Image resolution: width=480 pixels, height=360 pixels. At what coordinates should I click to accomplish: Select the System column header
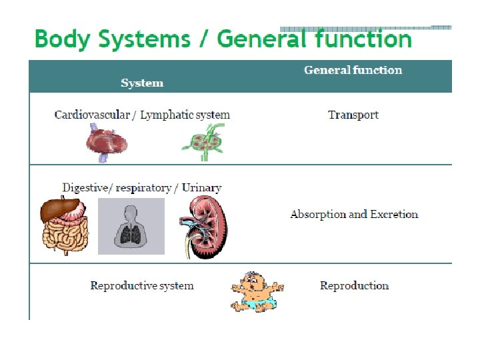click(x=142, y=83)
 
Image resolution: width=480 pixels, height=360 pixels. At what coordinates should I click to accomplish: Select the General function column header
click(x=353, y=70)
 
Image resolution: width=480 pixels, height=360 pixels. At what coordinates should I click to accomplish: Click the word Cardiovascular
click(x=92, y=115)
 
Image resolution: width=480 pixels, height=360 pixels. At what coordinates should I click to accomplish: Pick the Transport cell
click(x=353, y=115)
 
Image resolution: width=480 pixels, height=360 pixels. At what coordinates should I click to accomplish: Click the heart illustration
click(x=107, y=142)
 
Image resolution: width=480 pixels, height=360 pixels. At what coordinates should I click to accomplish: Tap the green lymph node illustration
click(x=205, y=143)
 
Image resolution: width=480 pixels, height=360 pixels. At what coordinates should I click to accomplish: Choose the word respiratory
click(x=143, y=187)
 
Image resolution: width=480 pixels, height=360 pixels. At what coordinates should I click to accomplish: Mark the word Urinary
click(x=201, y=187)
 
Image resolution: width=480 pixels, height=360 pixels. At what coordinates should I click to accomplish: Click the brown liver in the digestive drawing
click(x=55, y=211)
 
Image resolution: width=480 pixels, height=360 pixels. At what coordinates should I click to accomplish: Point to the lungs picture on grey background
click(x=131, y=226)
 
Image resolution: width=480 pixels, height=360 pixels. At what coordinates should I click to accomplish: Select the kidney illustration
click(x=205, y=227)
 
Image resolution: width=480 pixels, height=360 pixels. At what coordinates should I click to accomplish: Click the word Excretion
click(x=393, y=215)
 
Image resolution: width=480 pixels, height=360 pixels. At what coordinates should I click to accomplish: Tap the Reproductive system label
click(x=142, y=286)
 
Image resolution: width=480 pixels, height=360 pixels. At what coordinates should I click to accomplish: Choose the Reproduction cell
click(x=354, y=286)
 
